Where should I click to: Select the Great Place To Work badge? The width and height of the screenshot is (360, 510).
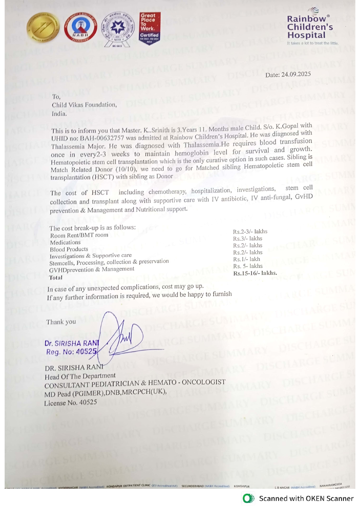pos(150,28)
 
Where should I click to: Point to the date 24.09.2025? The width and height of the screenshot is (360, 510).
pos(296,74)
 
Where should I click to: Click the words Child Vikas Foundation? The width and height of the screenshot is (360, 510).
pos(84,105)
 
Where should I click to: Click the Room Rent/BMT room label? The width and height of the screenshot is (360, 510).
pos(79,235)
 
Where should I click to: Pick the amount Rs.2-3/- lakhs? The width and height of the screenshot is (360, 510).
pos(250,232)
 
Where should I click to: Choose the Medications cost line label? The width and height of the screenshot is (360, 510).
pos(65,242)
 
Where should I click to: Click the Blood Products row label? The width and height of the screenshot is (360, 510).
pos(69,249)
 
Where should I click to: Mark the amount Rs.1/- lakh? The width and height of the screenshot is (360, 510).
pos(246,259)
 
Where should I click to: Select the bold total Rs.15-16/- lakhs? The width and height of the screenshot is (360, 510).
pos(255,273)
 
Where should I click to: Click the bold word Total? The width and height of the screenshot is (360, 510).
pos(56,278)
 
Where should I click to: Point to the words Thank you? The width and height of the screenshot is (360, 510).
pos(61,322)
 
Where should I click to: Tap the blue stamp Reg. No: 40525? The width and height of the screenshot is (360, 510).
pos(71,352)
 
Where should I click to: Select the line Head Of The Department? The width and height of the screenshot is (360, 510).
pos(80,376)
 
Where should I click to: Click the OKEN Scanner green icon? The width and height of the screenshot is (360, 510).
pos(248,498)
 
